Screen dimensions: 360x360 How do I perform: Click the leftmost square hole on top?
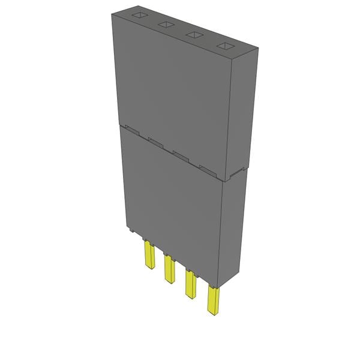point(139,15)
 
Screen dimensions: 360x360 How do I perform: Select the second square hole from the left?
point(166,25)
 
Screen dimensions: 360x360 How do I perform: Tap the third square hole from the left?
point(194,35)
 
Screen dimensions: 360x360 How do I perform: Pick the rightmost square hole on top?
point(225,47)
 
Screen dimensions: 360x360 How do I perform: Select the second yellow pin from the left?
point(169,269)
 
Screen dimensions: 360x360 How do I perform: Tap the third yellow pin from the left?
point(190,284)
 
